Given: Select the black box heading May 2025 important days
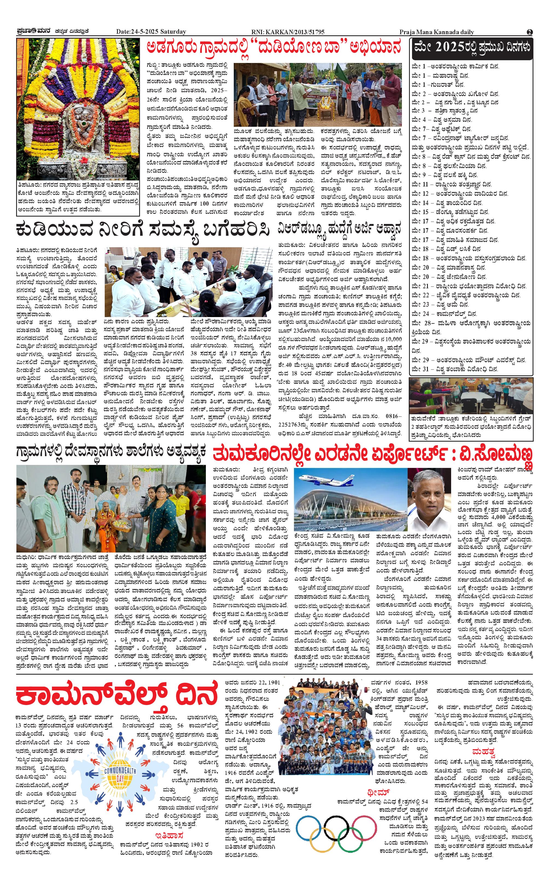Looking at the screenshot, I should click(x=472, y=48).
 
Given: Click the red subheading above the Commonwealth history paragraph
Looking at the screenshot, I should click(x=169, y=825).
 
